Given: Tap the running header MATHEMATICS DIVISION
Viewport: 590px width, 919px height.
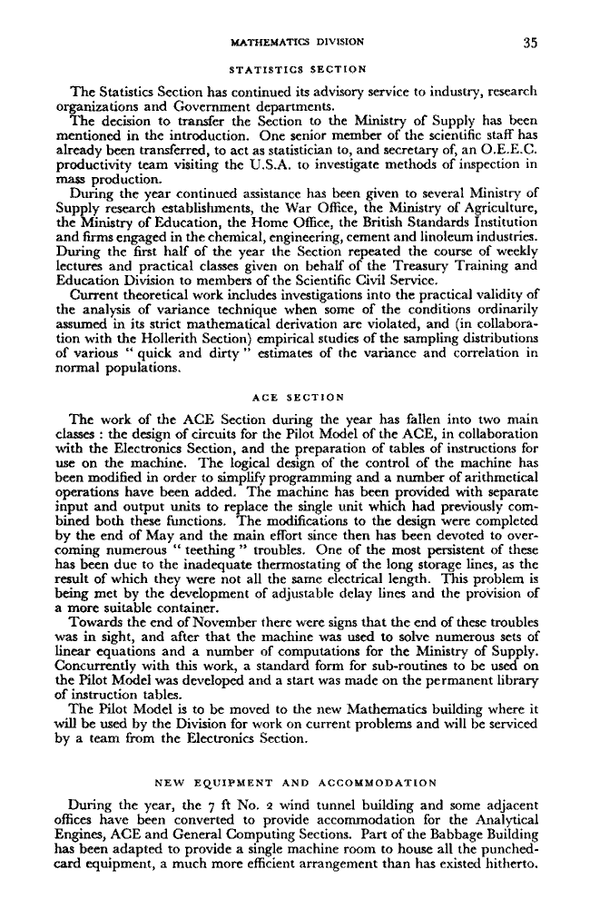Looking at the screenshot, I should pos(298,41).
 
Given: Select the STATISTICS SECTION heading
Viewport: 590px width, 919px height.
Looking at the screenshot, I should pos(298,68).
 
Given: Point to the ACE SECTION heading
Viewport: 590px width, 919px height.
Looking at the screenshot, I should pos(298,396).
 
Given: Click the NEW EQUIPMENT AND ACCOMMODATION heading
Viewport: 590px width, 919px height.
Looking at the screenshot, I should pos(297,781).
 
